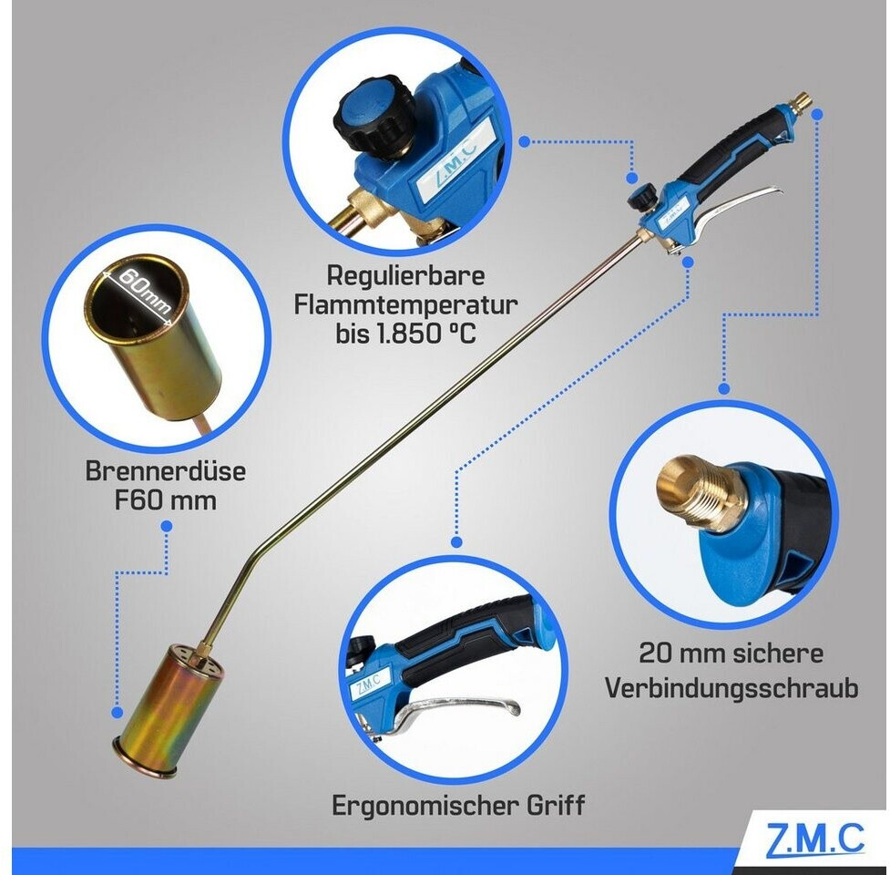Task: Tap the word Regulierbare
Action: [405, 276]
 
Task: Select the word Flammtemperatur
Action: [405, 304]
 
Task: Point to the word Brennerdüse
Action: [166, 471]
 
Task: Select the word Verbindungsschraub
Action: [731, 688]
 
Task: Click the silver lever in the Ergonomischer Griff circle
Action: [454, 710]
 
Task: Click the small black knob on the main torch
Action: [642, 197]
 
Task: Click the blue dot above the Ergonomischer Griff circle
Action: [457, 542]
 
